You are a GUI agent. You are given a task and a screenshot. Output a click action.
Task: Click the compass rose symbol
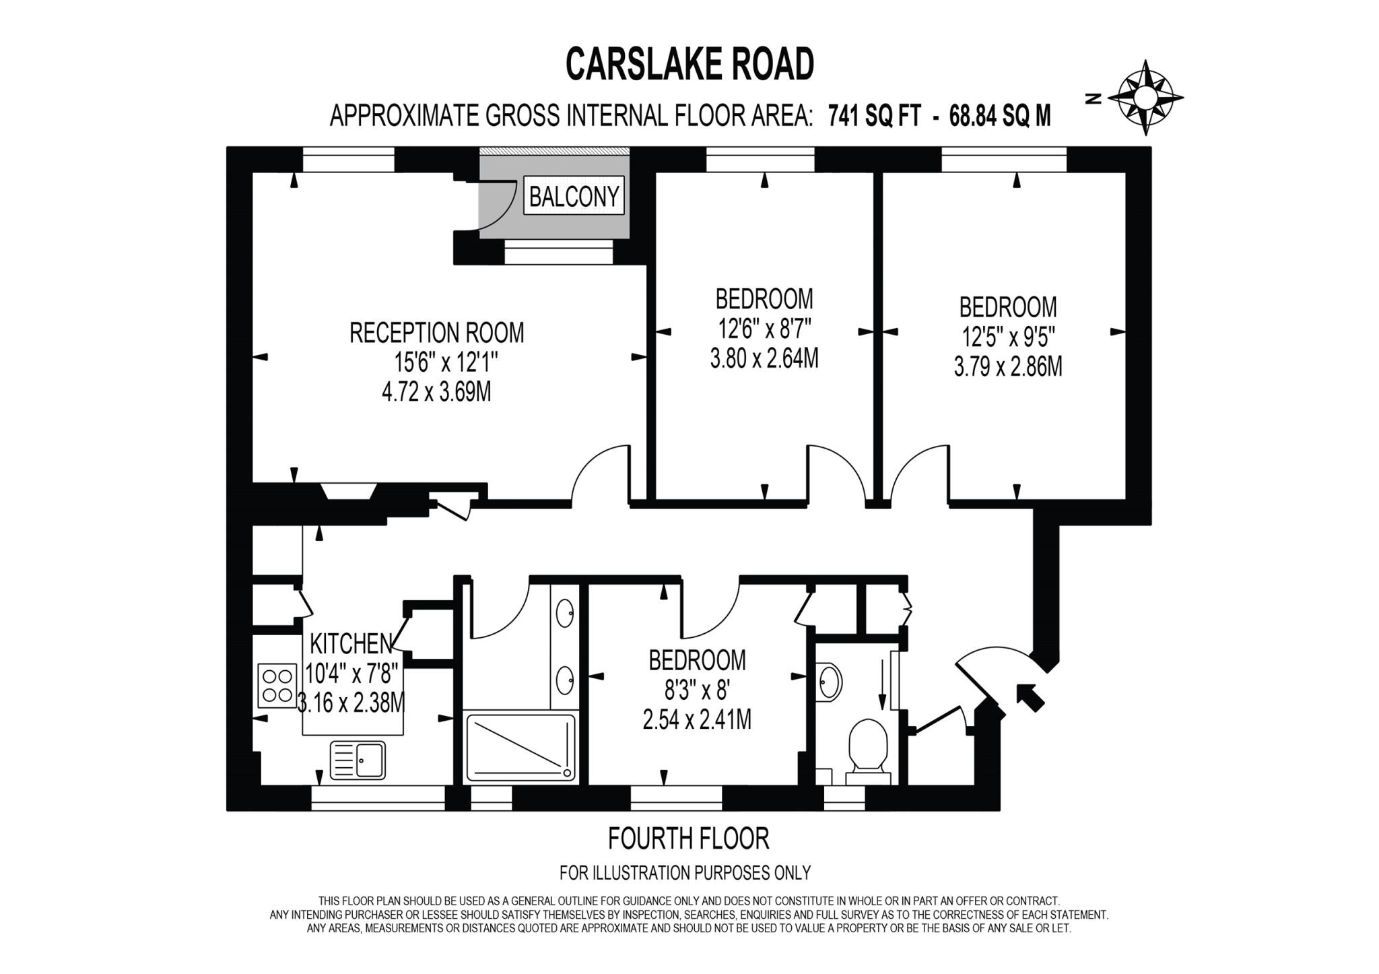pyautogui.click(x=1145, y=98)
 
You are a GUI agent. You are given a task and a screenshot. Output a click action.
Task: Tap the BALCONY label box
pyautogui.click(x=574, y=196)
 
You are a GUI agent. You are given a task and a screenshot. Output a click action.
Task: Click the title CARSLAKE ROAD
pyautogui.click(x=689, y=65)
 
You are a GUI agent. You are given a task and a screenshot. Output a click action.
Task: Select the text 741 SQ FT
pyautogui.click(x=874, y=117)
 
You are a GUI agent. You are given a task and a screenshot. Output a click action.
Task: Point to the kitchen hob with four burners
pyautogui.click(x=277, y=685)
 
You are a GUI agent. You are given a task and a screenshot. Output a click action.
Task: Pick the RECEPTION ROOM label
pyautogui.click(x=436, y=333)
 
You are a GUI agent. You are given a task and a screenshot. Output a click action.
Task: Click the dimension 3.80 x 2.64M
pyautogui.click(x=764, y=358)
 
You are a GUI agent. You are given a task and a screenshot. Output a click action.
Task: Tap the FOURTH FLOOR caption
pyautogui.click(x=688, y=839)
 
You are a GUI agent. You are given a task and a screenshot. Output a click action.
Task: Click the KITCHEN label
pyautogui.click(x=351, y=644)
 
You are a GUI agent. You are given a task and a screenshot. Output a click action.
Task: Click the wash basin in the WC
pyautogui.click(x=830, y=682)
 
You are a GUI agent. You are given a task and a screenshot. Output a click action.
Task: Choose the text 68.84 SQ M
pyautogui.click(x=999, y=117)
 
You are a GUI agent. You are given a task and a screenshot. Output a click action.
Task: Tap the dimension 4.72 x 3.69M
pyautogui.click(x=436, y=392)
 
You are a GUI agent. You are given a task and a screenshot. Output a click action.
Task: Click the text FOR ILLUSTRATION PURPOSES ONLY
pyautogui.click(x=685, y=873)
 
